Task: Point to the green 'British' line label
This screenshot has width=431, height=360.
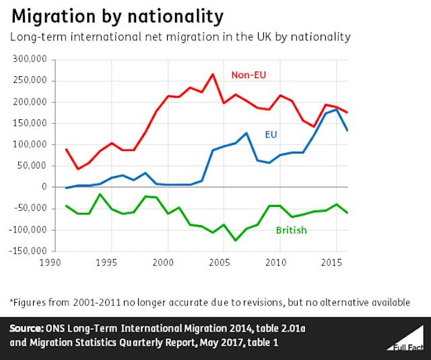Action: pyautogui.click(x=291, y=231)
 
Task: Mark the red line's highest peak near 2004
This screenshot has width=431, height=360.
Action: pyautogui.click(x=212, y=74)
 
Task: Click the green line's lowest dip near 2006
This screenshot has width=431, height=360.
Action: pyautogui.click(x=235, y=240)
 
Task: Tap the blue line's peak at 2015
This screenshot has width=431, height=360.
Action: pyautogui.click(x=336, y=109)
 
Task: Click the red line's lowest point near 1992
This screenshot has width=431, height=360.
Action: pyautogui.click(x=77, y=169)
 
